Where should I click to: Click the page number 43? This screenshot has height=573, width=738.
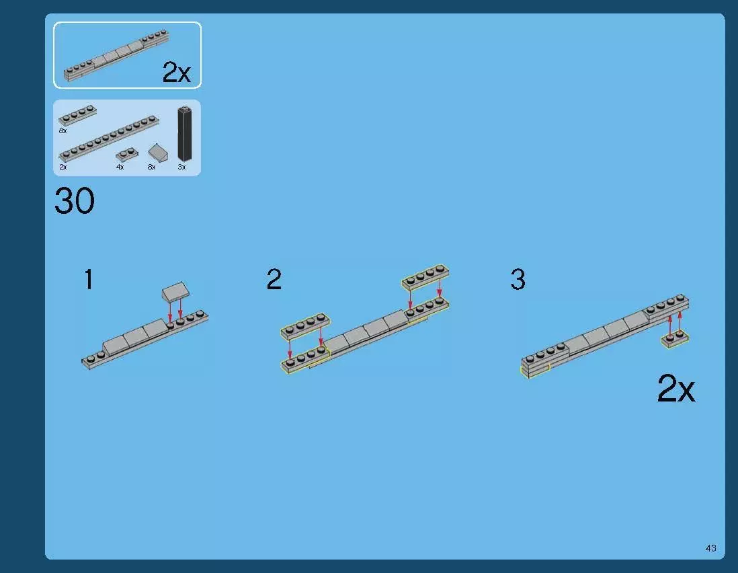point(710,548)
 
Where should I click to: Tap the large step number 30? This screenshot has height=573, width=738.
point(75,201)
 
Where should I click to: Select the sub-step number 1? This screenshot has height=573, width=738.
point(89,279)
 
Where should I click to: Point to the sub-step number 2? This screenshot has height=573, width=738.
point(274,279)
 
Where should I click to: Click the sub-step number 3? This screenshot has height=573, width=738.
point(518,279)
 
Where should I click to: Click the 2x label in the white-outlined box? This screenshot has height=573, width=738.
point(177,73)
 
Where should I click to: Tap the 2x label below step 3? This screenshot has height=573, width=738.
point(676,389)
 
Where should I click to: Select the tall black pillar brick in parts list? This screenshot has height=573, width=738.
point(184,135)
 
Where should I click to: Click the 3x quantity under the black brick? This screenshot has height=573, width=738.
point(181,167)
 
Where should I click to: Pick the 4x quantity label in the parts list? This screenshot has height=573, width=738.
point(120,167)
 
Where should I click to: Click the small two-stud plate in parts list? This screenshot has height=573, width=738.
point(127,154)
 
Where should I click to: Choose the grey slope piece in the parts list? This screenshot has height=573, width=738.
point(158,153)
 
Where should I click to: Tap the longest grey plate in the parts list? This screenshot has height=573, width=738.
point(109,139)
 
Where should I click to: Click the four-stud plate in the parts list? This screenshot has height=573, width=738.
point(78,115)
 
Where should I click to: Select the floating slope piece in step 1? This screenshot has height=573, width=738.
point(175,292)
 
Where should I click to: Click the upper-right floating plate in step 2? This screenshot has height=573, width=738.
point(425,276)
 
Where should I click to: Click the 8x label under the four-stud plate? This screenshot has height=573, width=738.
point(63,131)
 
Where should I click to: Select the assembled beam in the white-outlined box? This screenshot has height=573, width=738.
point(116,56)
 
